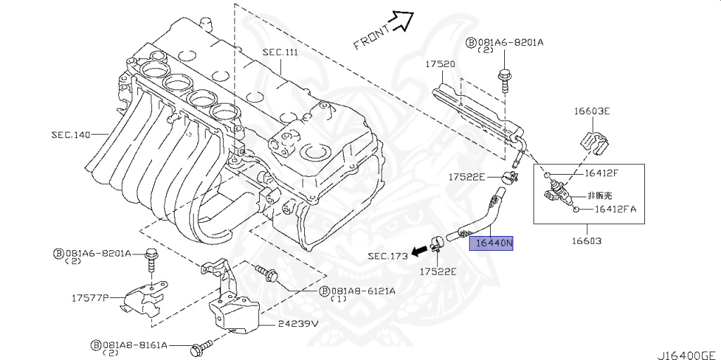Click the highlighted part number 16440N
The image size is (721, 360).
click(x=495, y=244)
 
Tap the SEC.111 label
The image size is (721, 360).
click(x=281, y=52)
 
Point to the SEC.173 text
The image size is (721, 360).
click(x=387, y=256)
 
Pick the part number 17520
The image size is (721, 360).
click(x=439, y=64)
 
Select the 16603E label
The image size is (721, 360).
click(x=591, y=111)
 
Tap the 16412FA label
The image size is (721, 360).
click(x=615, y=209)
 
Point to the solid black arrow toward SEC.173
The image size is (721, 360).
click(x=421, y=249)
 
